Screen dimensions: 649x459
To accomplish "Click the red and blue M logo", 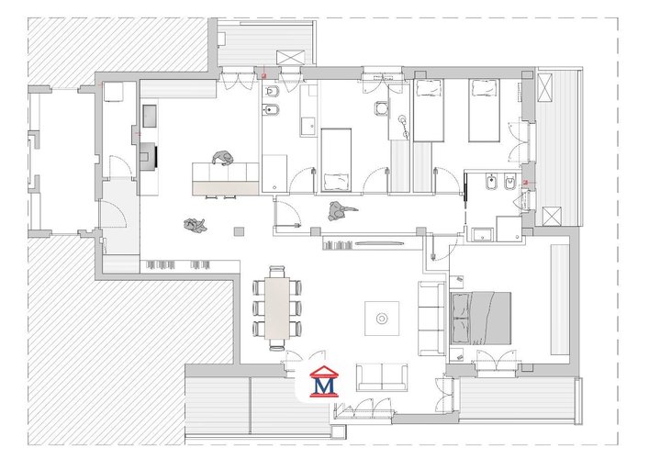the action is coord(324,382).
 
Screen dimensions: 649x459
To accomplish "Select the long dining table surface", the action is coord(277,308).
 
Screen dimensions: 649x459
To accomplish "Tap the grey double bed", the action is coord(480,319).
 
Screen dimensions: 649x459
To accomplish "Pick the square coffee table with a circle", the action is coord(382,319).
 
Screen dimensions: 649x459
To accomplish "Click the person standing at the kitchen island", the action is coord(222,158).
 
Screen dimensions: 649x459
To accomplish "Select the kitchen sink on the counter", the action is coord(150,116).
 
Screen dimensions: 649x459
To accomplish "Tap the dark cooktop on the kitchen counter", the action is coord(149,156).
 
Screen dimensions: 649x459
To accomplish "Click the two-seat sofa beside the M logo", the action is coord(382,377).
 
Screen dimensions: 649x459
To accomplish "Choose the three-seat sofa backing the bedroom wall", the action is coord(431,318).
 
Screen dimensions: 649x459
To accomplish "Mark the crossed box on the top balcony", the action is coord(291,57).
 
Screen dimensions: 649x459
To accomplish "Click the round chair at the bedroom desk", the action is coord(381,108).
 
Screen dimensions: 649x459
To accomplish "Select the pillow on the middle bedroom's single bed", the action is coord(337,181).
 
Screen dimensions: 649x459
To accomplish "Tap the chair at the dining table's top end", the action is coord(277,272).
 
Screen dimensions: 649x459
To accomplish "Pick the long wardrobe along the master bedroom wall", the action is coord(560,299).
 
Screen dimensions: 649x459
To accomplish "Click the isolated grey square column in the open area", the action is coord(239,231).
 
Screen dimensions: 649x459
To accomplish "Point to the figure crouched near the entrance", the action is coord(195,226).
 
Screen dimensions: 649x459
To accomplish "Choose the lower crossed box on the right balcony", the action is coord(552,217).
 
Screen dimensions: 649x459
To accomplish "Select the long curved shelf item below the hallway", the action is coord(379,243).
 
